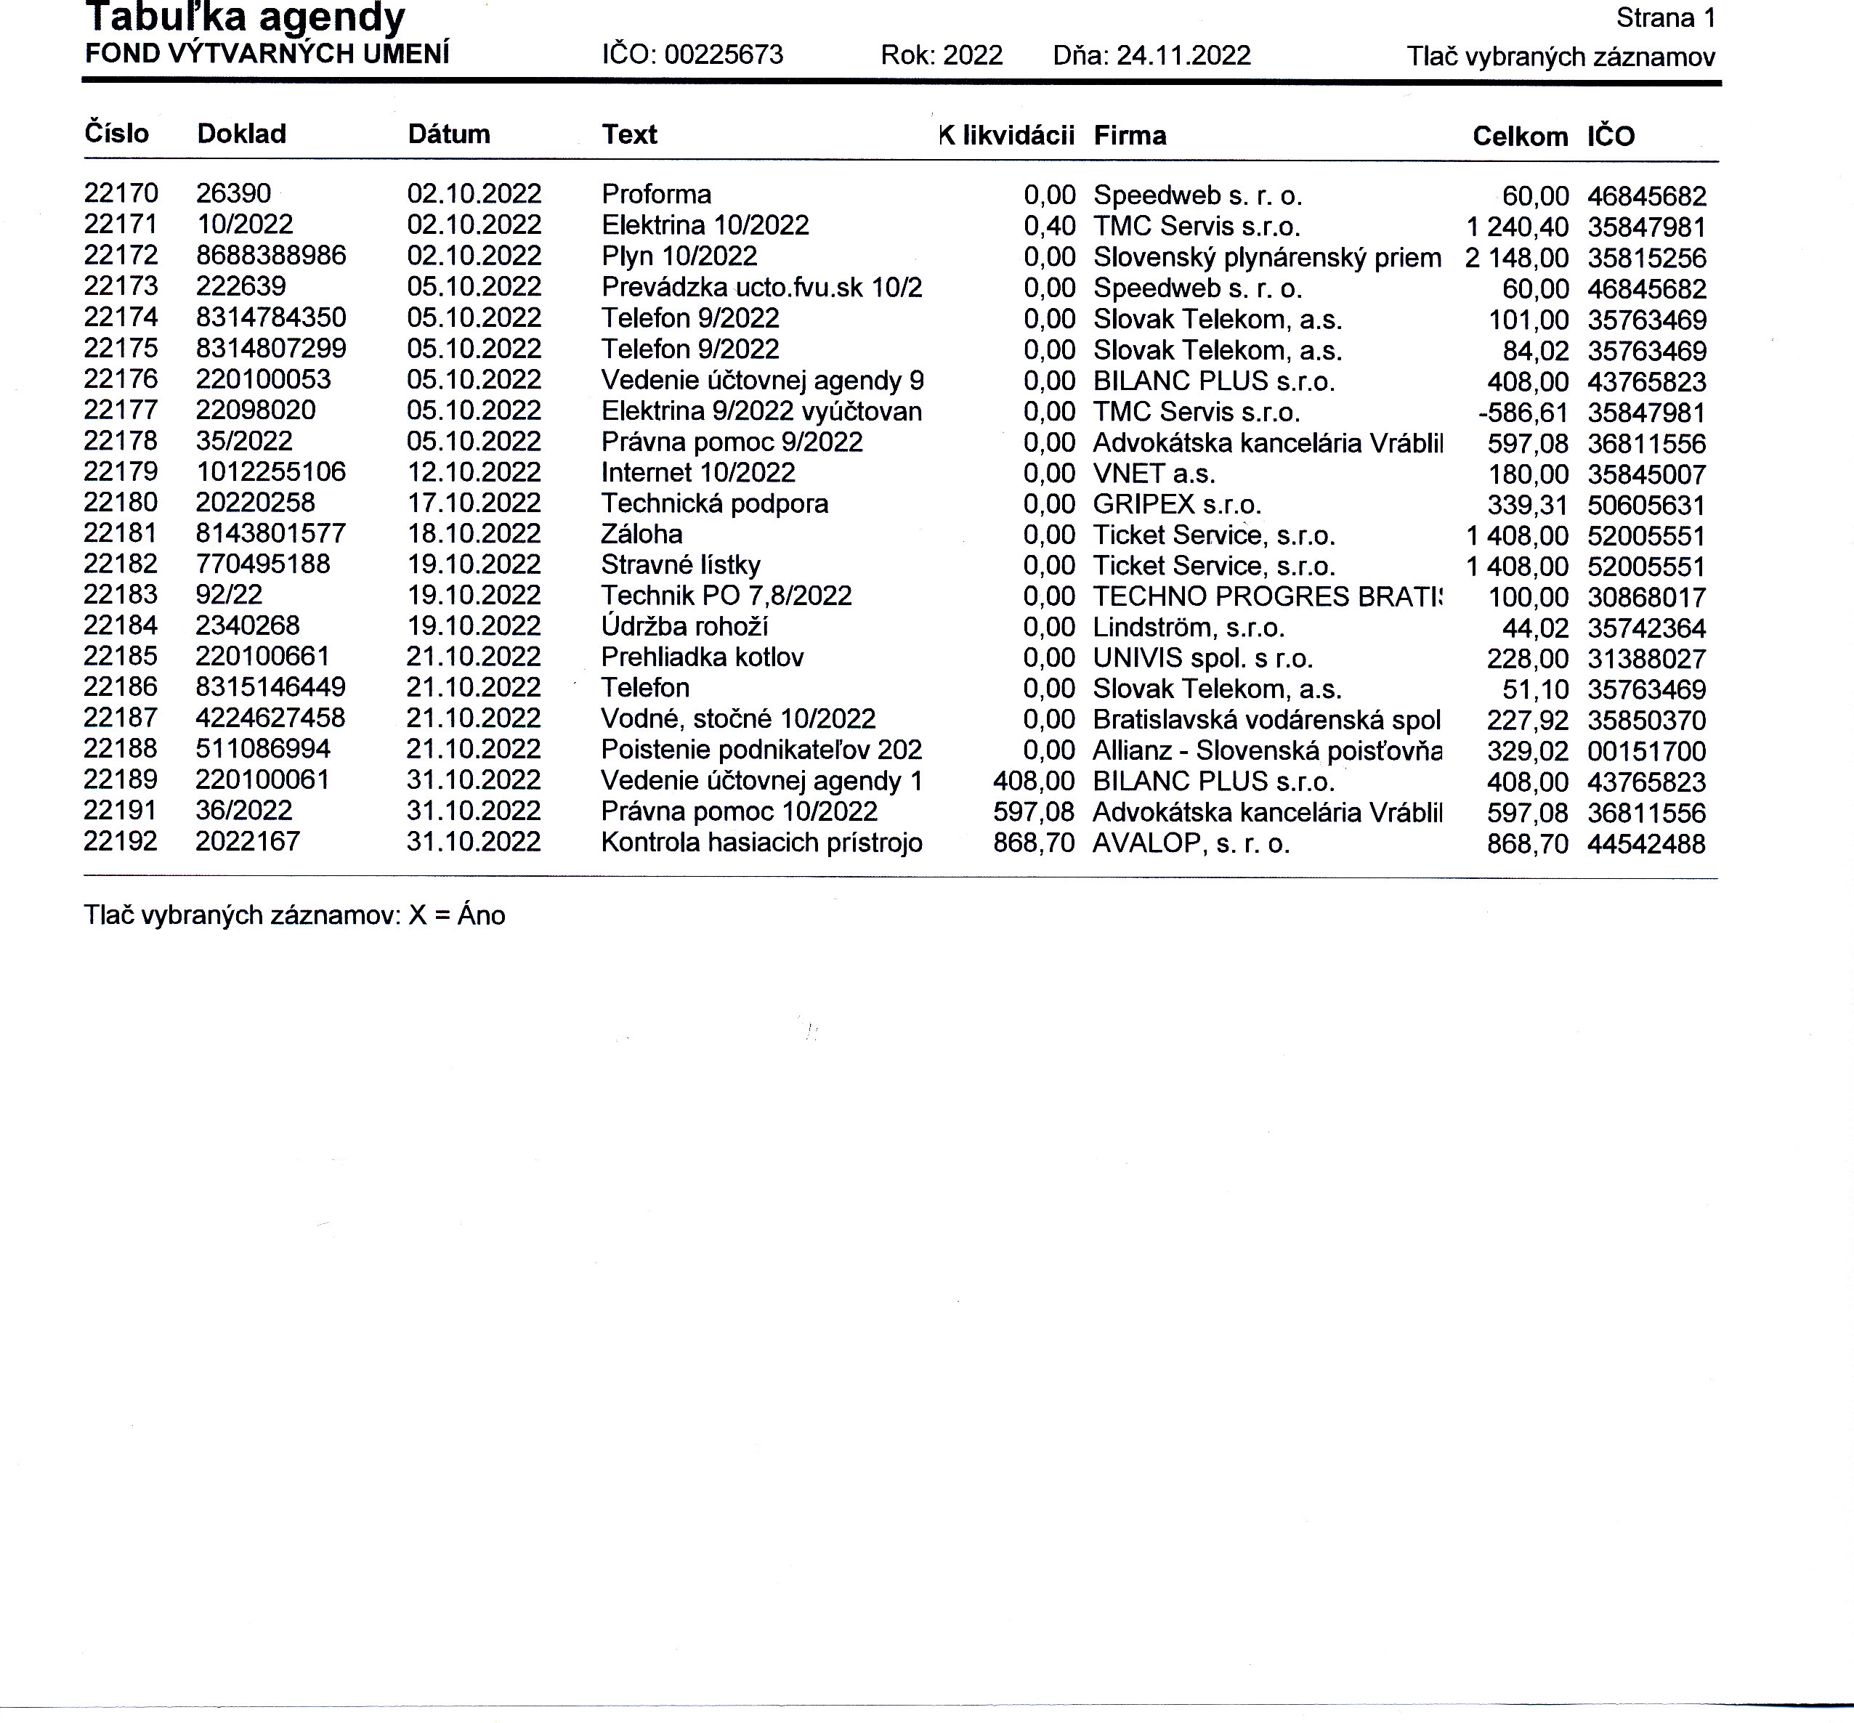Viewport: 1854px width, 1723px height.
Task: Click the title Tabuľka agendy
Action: click(246, 17)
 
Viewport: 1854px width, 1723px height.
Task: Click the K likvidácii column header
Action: click(1006, 135)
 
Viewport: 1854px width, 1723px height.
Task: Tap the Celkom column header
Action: click(1519, 137)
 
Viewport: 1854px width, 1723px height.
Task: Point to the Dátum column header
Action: click(448, 134)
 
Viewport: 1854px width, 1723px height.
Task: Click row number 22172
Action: click(121, 256)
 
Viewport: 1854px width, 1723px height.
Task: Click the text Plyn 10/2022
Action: click(679, 256)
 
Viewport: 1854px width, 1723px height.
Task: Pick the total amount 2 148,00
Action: click(1516, 259)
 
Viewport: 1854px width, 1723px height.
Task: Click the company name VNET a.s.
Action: click(1154, 474)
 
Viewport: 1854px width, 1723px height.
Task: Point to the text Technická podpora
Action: click(714, 503)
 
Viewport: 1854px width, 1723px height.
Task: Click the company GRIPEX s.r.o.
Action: click(1177, 504)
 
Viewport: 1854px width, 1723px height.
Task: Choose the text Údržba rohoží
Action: click(684, 627)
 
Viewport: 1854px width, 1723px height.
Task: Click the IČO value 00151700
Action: click(1646, 752)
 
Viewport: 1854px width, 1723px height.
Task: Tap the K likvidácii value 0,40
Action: click(1049, 226)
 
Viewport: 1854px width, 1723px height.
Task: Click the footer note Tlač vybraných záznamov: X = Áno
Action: click(295, 915)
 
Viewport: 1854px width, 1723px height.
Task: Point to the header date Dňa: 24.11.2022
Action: click(1151, 56)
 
